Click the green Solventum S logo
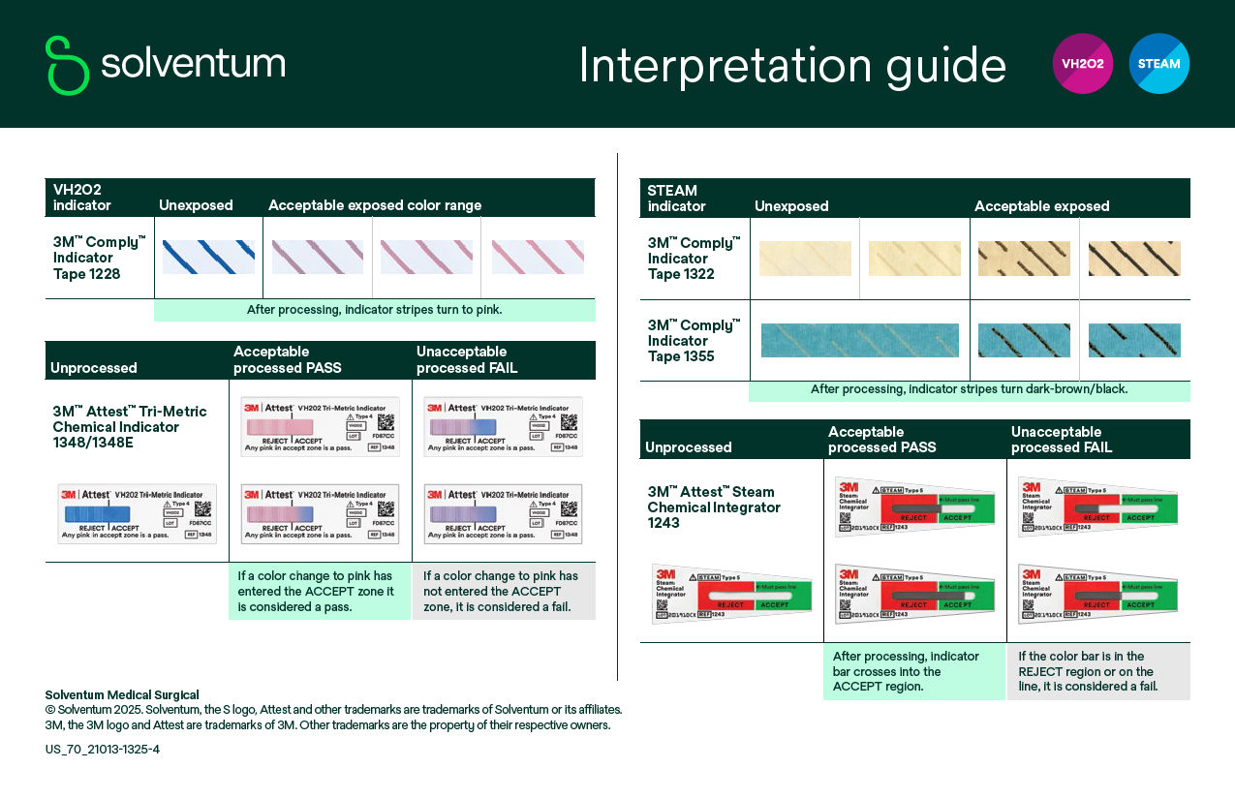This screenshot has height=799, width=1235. pos(67,65)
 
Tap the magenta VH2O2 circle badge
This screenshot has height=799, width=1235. pos(1082,64)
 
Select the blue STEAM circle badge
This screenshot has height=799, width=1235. pos(1158,64)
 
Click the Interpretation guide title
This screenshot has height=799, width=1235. pos(792,66)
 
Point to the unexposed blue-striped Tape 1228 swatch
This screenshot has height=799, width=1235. pos(208,257)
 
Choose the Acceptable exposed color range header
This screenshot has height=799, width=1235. pos(375,205)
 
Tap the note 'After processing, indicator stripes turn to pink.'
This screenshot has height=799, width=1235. pos(374,310)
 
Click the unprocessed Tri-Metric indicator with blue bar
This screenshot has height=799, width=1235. pos(137,513)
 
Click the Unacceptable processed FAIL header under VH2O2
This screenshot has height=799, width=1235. pos(467,359)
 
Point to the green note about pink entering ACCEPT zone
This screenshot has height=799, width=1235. pos(319,591)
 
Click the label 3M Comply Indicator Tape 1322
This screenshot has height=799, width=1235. pos(694,259)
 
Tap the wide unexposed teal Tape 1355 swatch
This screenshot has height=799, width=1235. pos(859,340)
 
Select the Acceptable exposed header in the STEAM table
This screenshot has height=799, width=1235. pos(1041,206)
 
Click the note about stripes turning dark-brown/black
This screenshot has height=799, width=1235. pos(969,389)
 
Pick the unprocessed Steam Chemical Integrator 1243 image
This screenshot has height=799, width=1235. pos(731,592)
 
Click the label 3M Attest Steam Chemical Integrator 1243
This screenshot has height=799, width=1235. pos(713,507)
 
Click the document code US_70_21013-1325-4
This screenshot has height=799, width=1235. pos(103,749)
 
